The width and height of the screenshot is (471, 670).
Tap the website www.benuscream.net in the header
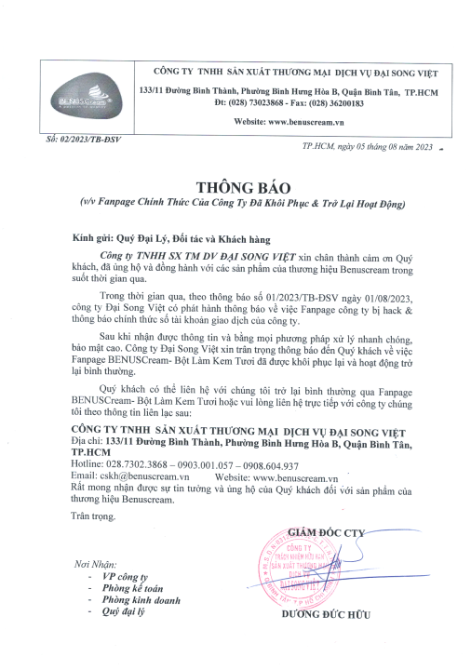tap(295, 122)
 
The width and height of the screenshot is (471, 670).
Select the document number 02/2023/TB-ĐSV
tap(77, 138)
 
